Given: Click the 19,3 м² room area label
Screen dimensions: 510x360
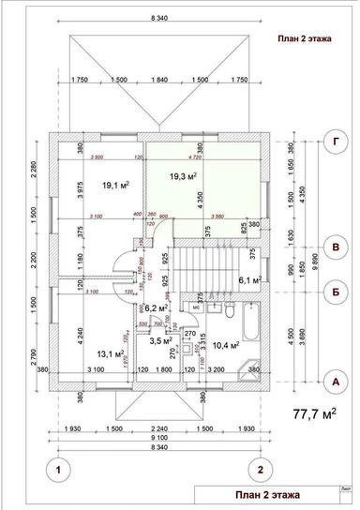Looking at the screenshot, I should click(x=182, y=175).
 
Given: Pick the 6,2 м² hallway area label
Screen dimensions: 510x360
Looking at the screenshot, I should click(x=156, y=307).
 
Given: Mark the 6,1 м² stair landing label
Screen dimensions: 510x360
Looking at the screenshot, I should click(x=248, y=279).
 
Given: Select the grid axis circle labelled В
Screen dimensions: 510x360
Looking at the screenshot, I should click(x=336, y=247).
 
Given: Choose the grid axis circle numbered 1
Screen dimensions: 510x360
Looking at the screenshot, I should click(x=59, y=469).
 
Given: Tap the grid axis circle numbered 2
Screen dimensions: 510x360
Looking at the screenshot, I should click(x=262, y=469).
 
